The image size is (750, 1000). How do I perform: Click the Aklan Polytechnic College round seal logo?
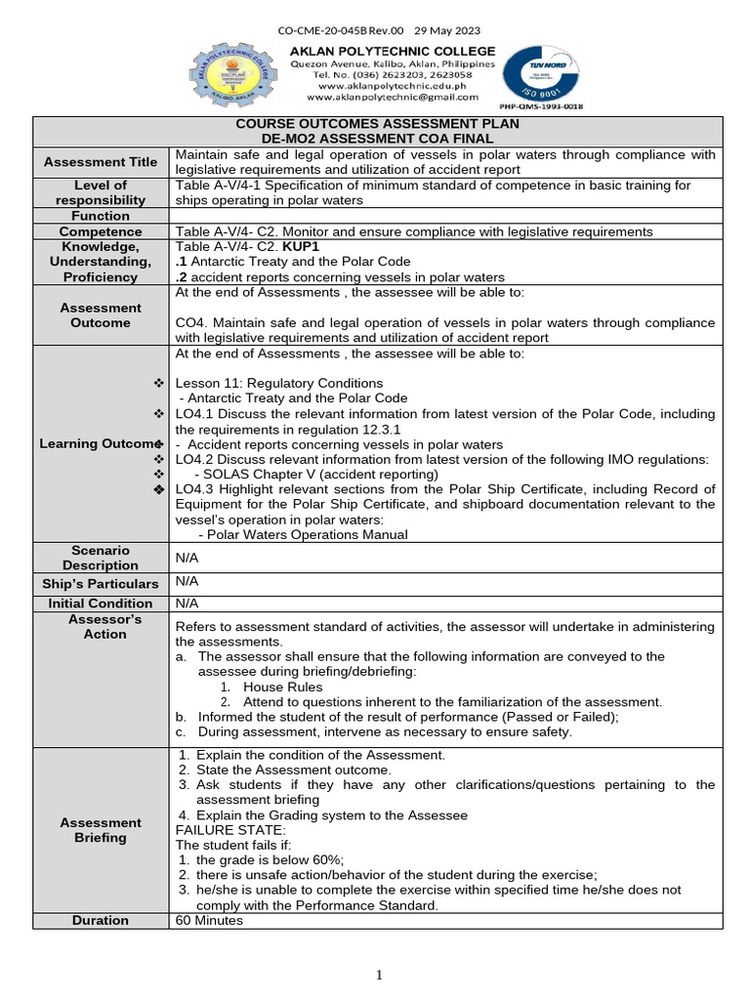click(x=233, y=74)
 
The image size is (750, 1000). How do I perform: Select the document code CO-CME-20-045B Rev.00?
click(x=333, y=31)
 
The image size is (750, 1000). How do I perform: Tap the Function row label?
click(x=101, y=216)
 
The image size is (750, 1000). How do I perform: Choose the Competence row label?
click(x=101, y=231)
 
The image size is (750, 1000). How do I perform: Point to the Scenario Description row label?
click(x=101, y=558)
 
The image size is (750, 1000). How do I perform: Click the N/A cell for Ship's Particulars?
click(x=186, y=580)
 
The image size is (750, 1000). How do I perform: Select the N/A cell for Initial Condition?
click(x=186, y=604)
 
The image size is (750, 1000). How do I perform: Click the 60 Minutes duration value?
click(x=209, y=920)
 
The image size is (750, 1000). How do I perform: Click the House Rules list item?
click(x=282, y=687)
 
